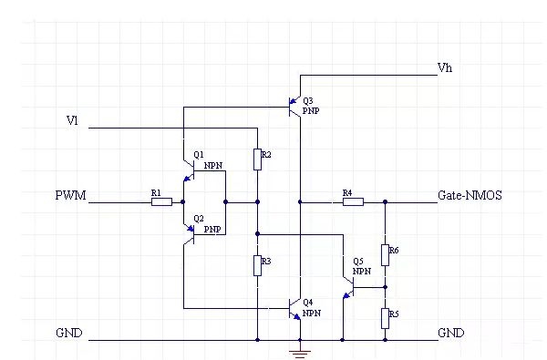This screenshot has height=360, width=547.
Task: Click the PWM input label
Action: pyautogui.click(x=71, y=196)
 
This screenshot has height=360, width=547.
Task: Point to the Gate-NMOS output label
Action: pyautogui.click(x=470, y=195)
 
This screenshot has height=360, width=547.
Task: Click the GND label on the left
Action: pyautogui.click(x=68, y=334)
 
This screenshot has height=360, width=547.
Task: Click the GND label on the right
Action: pyautogui.click(x=451, y=334)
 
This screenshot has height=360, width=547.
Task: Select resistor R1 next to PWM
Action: pyautogui.click(x=160, y=201)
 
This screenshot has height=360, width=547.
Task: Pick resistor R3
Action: pyautogui.click(x=258, y=264)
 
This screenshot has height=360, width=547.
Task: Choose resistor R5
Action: pyautogui.click(x=385, y=317)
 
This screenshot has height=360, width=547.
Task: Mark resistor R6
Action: pyautogui.click(x=385, y=253)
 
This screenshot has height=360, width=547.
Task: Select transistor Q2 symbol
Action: pyautogui.click(x=190, y=231)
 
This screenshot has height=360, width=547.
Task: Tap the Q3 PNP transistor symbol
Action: pyautogui.click(x=294, y=108)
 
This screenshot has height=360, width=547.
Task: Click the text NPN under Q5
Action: pyautogui.click(x=362, y=271)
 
